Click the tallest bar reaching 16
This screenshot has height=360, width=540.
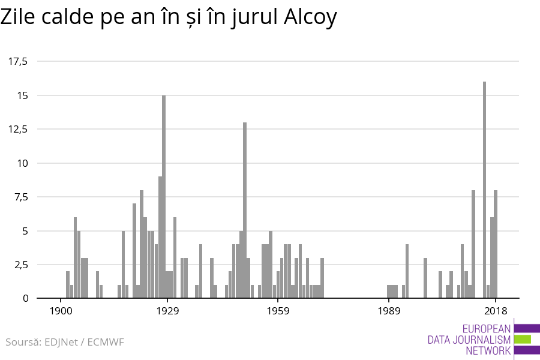[484, 190]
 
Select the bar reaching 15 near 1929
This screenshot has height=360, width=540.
[164, 197]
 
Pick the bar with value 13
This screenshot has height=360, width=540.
[245, 210]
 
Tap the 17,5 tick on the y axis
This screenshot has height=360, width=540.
[18, 61]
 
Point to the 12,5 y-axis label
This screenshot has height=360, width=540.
[18, 129]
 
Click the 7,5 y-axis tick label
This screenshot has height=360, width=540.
[20, 197]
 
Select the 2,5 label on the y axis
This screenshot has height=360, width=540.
[20, 265]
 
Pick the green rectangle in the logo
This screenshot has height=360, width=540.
[523, 339]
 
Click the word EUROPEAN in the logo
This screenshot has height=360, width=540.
[487, 328]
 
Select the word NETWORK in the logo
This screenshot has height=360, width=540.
[488, 351]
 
